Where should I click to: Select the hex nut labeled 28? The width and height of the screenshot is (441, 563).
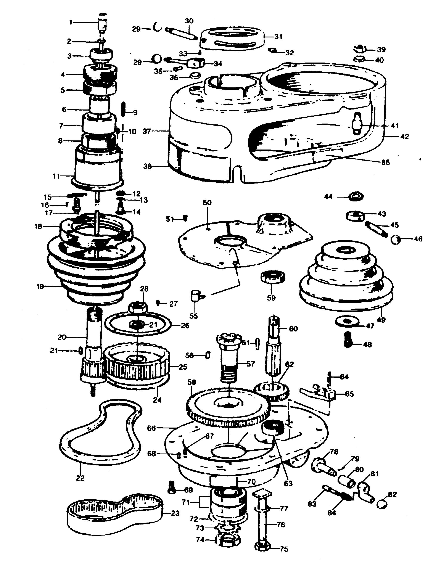[139, 307]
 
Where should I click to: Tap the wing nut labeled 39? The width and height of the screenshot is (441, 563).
[361, 48]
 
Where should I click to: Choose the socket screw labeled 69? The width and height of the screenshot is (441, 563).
[172, 487]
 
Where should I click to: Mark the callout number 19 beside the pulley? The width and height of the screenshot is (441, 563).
[40, 286]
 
